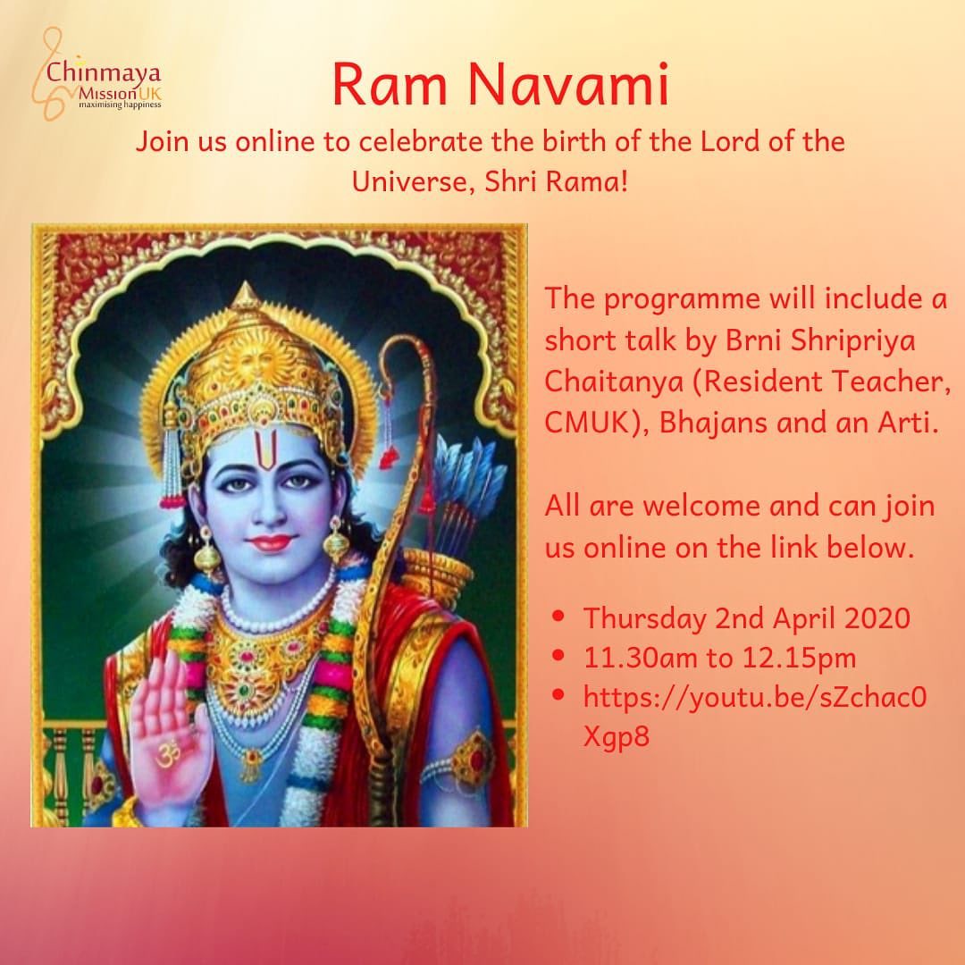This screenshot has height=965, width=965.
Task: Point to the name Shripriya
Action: [x=852, y=341]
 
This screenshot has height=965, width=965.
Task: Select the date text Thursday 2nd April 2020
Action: [x=746, y=619]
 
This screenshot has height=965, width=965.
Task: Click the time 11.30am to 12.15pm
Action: [x=719, y=658]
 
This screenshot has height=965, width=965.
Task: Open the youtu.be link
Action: [x=754, y=717]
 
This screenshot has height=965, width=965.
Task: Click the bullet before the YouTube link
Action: [x=558, y=695]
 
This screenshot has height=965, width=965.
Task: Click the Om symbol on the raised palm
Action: [x=167, y=753]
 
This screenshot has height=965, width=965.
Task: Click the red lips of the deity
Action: [x=270, y=543]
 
